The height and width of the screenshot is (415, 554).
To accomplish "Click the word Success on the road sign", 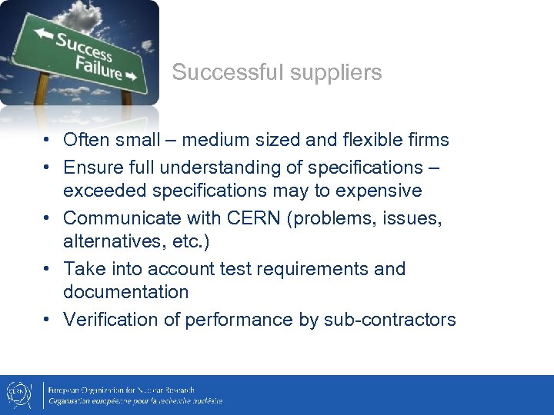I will click(x=83, y=47).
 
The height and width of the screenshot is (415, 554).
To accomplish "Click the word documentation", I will click(x=125, y=292).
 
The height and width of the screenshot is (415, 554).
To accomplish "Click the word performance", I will click(x=238, y=320).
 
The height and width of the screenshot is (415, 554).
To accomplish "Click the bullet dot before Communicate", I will click(x=48, y=219).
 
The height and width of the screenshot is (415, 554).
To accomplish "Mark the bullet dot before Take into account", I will click(x=48, y=270).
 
